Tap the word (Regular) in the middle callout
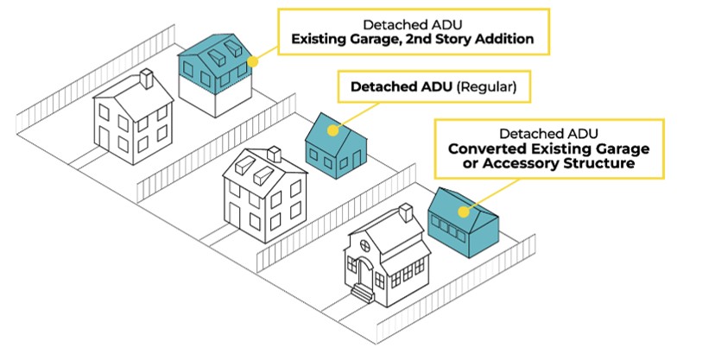486,86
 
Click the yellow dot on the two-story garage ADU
252,62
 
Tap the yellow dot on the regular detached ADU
332,130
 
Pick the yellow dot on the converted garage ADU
464,212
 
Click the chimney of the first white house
147,79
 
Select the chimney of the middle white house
274,155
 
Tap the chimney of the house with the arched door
406,212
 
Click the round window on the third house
365,245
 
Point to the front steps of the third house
363,294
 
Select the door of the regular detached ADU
357,160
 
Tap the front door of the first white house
104,139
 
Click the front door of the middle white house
235,216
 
